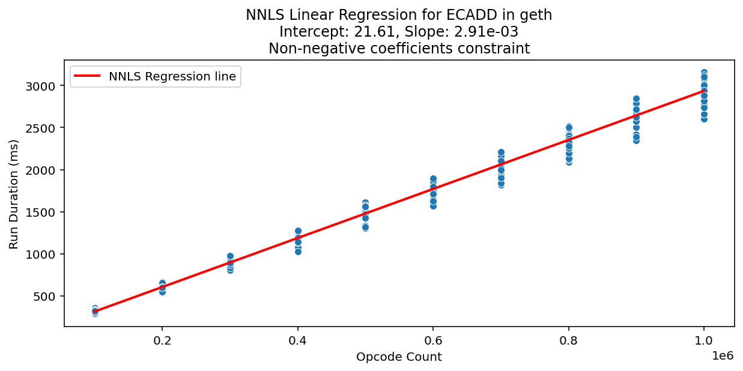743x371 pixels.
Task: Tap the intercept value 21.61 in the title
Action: pos(387,32)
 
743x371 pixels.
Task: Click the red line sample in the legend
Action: pos(88,76)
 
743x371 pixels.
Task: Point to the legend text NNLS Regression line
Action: pos(172,76)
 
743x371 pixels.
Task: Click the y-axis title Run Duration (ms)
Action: pos(14,194)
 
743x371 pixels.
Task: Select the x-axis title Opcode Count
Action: pos(399,357)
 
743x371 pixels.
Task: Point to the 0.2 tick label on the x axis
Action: pos(162,340)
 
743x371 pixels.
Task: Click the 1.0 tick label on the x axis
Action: pos(704,340)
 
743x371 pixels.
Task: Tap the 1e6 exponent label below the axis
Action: pos(723,355)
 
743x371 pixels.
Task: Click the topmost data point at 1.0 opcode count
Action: pos(704,73)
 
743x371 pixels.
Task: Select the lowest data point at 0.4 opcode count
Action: pos(298,252)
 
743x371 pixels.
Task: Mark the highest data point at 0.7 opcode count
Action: pos(501,152)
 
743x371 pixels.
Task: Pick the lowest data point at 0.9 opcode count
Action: pos(636,140)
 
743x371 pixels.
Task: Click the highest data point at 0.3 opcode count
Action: pos(230,256)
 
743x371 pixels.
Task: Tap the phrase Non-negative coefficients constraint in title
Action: pos(399,49)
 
